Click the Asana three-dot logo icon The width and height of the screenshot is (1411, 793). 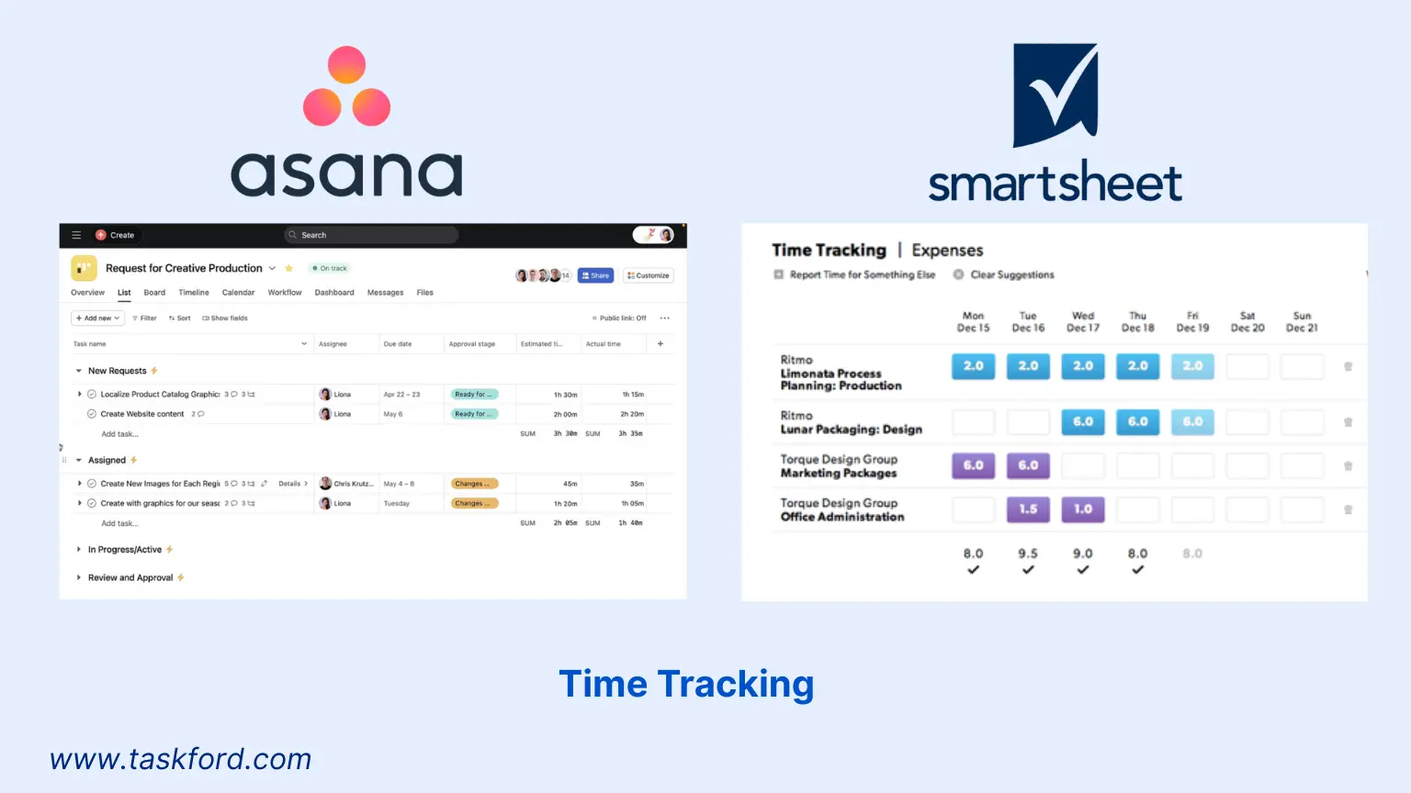(347, 86)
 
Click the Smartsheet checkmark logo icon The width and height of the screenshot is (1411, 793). (1055, 95)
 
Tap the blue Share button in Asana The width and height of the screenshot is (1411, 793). (595, 275)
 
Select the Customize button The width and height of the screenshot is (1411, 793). (649, 275)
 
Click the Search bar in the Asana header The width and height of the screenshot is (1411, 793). (371, 235)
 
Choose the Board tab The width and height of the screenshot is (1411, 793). (154, 293)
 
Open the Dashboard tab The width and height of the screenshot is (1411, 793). (334, 293)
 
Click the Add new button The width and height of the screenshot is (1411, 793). (97, 318)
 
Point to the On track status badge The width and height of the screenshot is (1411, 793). (330, 269)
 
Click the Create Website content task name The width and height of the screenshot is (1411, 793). (142, 414)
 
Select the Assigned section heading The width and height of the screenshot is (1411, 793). (107, 460)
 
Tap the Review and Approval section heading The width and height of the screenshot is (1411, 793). (130, 577)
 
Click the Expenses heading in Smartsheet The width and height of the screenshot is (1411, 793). (947, 251)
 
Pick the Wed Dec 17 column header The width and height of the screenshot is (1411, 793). (1083, 321)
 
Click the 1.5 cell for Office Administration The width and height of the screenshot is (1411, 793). (1028, 509)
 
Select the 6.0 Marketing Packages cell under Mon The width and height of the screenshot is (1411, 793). (973, 465)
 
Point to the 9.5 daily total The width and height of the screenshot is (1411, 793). (1028, 553)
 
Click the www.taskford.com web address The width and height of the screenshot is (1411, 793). (181, 759)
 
